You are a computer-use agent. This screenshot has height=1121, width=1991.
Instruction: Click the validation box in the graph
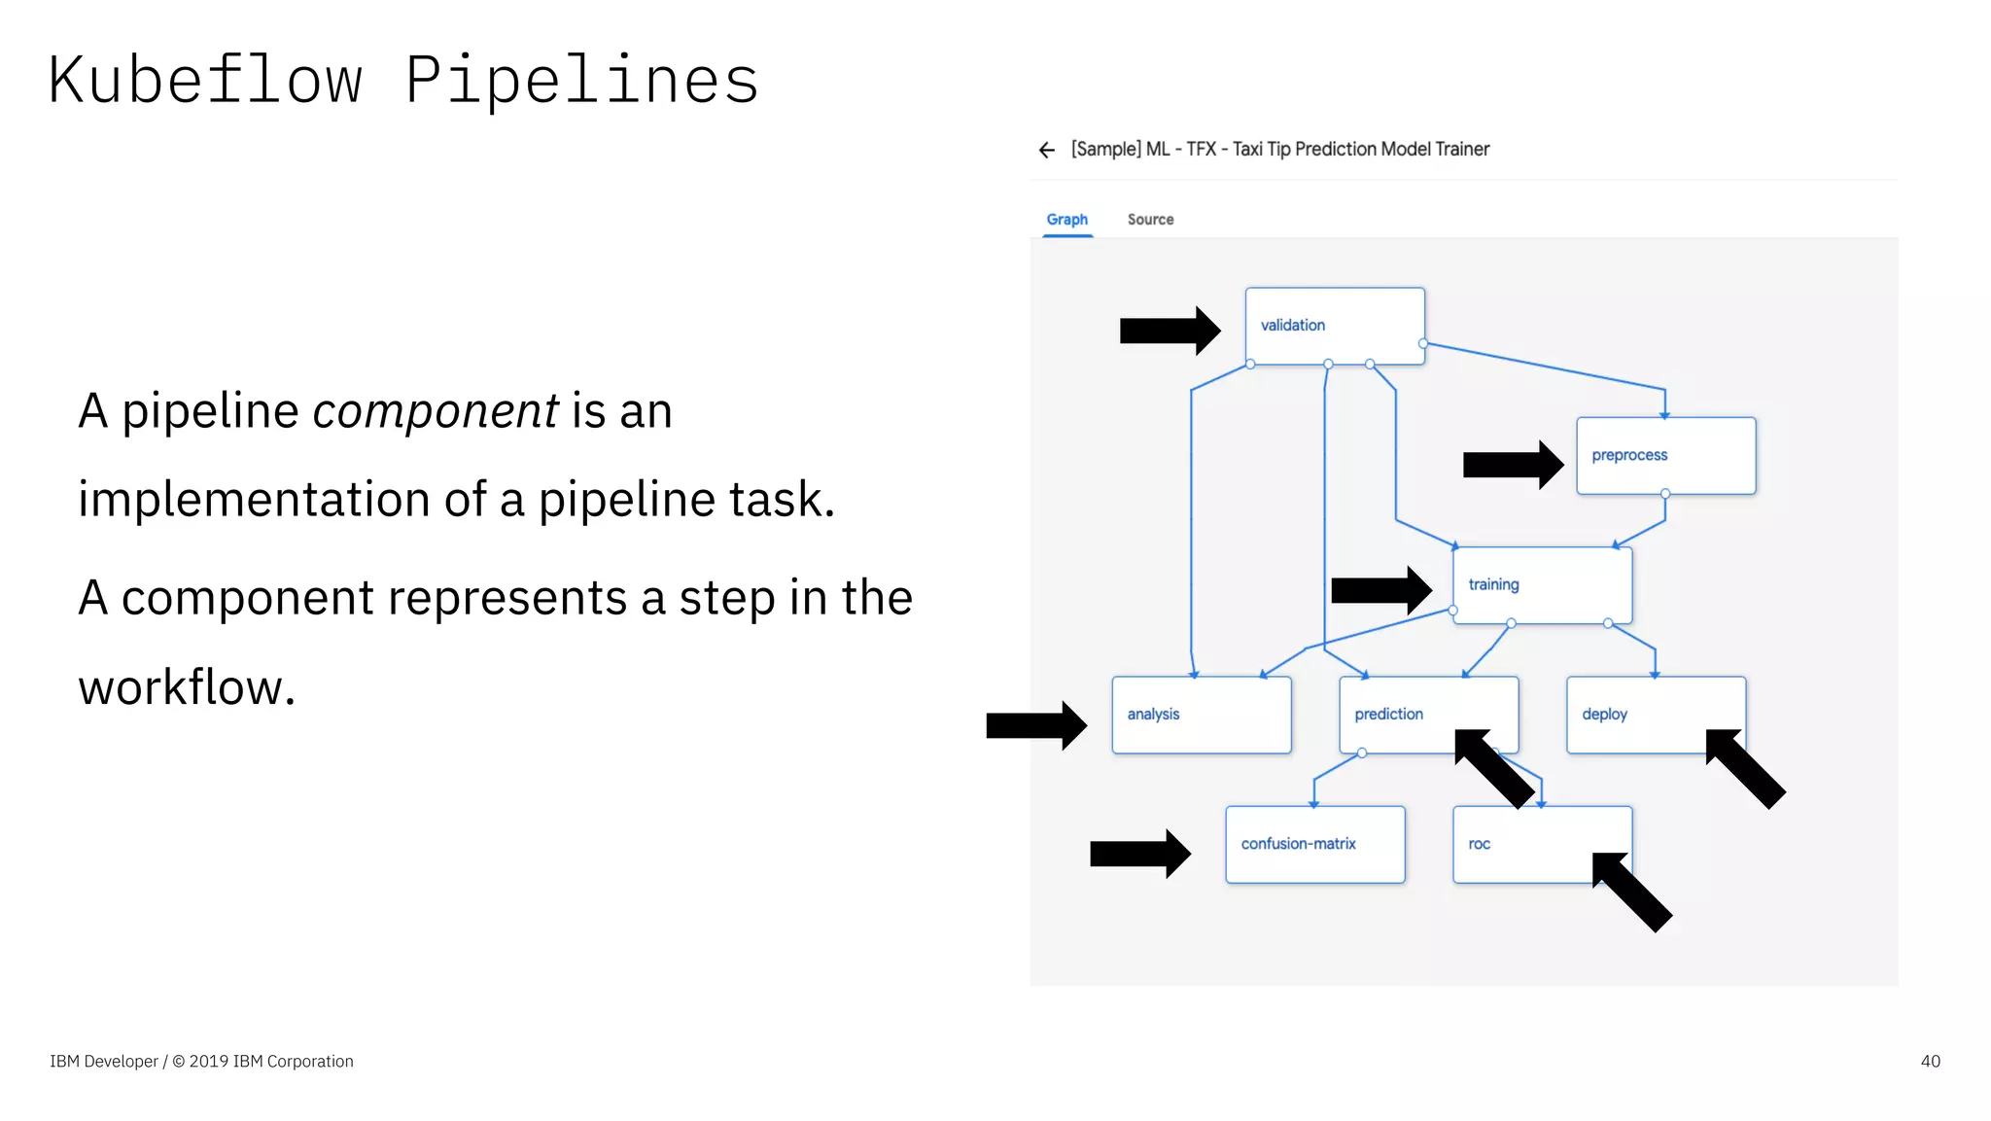(1334, 326)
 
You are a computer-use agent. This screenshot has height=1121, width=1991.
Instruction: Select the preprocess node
(1665, 456)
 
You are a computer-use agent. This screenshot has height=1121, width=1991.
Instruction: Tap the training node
(1542, 585)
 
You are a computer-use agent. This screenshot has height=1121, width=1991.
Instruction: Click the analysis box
(1201, 715)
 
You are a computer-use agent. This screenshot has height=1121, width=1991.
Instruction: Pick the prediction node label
(1388, 715)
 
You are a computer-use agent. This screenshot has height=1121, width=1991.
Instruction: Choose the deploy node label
(1604, 715)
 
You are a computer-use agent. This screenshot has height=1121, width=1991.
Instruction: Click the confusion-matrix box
(1314, 844)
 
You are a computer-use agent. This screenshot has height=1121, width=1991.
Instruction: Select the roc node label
(1479, 844)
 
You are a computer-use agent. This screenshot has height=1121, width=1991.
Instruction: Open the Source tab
(1150, 220)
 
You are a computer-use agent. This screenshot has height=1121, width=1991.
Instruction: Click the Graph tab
(1066, 220)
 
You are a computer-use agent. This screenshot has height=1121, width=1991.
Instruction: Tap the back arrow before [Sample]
(1046, 150)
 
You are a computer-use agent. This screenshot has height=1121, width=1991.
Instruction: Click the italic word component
(435, 411)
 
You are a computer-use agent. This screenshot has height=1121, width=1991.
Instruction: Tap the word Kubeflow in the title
(205, 80)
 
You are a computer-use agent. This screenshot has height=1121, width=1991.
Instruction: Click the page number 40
(1930, 1061)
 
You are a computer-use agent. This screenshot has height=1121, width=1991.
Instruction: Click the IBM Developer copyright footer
(201, 1061)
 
